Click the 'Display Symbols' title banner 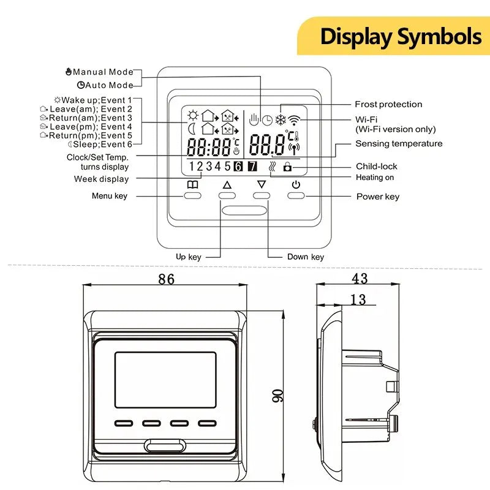click(x=400, y=36)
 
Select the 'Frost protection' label click(x=388, y=105)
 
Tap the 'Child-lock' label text click(x=376, y=167)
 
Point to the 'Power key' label click(x=378, y=197)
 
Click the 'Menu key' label click(x=110, y=196)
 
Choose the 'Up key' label click(x=189, y=257)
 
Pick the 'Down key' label click(x=306, y=257)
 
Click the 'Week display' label click(x=102, y=179)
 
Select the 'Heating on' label click(x=375, y=178)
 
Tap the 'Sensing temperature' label click(x=399, y=144)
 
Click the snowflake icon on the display click(x=281, y=119)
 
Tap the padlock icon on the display click(x=288, y=167)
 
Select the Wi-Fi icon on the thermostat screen click(x=296, y=119)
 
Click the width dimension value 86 click(x=166, y=279)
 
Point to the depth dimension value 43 click(x=360, y=279)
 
